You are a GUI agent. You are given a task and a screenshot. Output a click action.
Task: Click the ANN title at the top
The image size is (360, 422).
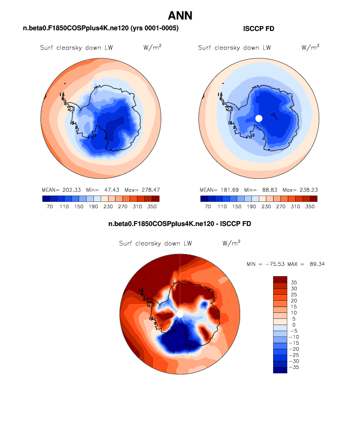tap(180, 15)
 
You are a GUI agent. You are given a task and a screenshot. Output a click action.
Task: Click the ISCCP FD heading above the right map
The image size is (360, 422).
tap(259, 29)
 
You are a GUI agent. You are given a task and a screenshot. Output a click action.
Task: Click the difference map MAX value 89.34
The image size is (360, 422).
tap(316, 264)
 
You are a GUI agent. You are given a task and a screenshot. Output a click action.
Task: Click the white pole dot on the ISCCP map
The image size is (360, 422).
tap(259, 118)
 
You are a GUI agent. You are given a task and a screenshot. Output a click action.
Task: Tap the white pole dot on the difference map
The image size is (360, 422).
tap(180, 313)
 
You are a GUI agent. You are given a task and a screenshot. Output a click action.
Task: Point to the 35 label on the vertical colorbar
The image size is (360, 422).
tap(293, 282)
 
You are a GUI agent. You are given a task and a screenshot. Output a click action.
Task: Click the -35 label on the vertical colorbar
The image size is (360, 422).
tap(295, 367)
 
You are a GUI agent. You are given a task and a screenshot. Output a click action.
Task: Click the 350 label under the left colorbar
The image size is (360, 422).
tap(153, 207)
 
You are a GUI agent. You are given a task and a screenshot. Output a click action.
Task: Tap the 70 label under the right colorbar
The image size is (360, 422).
tap(207, 207)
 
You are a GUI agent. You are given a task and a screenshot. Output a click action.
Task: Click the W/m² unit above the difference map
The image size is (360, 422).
tap(231, 243)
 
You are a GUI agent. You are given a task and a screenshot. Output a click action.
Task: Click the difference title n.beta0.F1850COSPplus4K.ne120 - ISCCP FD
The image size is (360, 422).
tap(180, 224)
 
